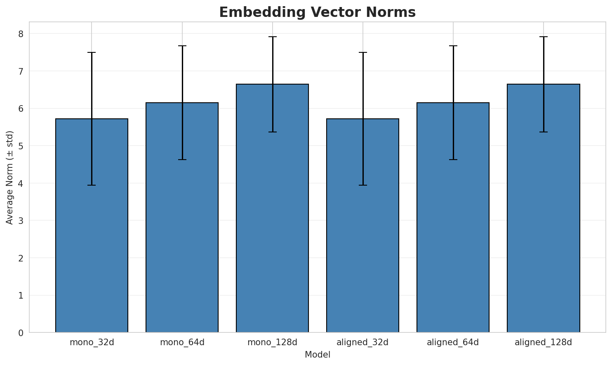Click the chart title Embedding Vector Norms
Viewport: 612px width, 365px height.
click(x=317, y=12)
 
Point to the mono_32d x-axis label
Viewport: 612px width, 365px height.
click(x=92, y=342)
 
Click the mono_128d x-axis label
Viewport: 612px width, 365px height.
click(x=272, y=342)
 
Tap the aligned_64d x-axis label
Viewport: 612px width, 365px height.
click(x=453, y=342)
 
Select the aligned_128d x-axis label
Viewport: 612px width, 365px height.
click(x=543, y=342)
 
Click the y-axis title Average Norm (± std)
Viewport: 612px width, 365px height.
click(x=10, y=177)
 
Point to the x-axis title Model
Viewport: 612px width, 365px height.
click(x=317, y=355)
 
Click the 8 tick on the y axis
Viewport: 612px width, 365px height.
click(x=21, y=33)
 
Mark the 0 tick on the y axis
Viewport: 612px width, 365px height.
click(x=21, y=332)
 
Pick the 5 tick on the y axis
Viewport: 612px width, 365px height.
click(x=21, y=146)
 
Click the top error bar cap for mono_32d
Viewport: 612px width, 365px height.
click(x=92, y=52)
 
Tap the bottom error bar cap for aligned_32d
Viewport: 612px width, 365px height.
click(x=362, y=185)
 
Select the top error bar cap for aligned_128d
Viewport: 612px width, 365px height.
click(x=543, y=37)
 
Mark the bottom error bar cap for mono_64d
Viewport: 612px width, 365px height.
click(x=182, y=160)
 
